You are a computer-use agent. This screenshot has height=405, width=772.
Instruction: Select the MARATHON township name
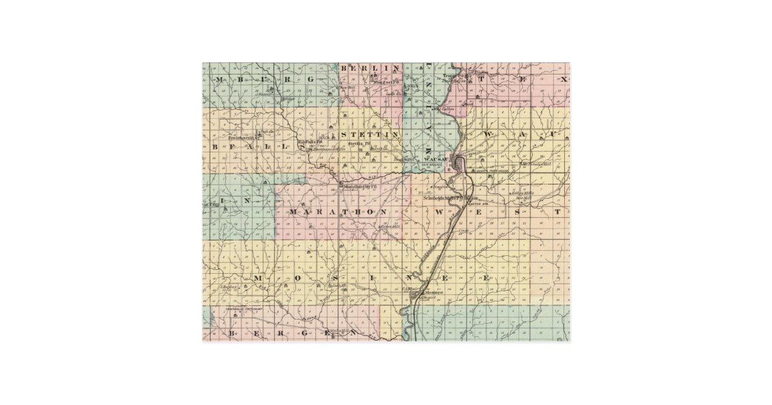[x=338, y=212]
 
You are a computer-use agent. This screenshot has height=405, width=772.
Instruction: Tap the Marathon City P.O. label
[x=359, y=187]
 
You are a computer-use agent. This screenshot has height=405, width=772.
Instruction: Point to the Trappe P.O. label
[x=453, y=76]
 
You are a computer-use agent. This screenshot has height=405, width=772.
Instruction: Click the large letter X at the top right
[x=563, y=79]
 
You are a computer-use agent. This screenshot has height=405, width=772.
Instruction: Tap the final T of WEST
[x=558, y=211]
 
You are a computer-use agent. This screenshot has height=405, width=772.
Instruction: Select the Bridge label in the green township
[x=289, y=99]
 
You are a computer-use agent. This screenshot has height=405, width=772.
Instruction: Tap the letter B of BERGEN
[x=232, y=334]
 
